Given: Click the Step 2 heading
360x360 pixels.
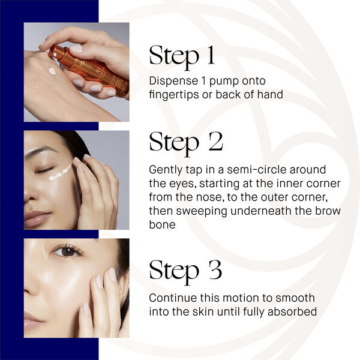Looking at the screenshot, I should tap(186, 142).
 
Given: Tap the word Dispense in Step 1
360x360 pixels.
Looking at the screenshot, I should tap(172, 81).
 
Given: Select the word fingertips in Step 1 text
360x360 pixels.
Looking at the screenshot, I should tap(175, 94).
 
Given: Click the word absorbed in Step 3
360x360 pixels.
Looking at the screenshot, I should tap(292, 311).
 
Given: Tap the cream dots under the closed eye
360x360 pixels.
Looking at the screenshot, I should tap(60, 174).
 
